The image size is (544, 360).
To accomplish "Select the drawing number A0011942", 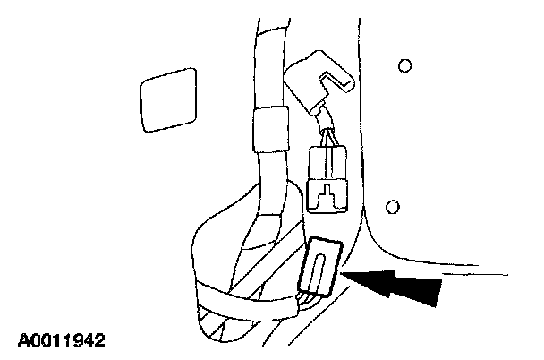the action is pyautogui.click(x=61, y=341).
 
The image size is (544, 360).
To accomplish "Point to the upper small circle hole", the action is pyautogui.click(x=404, y=65).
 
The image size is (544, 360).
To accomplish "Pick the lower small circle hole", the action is pyautogui.click(x=391, y=208).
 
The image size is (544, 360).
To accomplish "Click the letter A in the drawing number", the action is pyautogui.click(x=22, y=341).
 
